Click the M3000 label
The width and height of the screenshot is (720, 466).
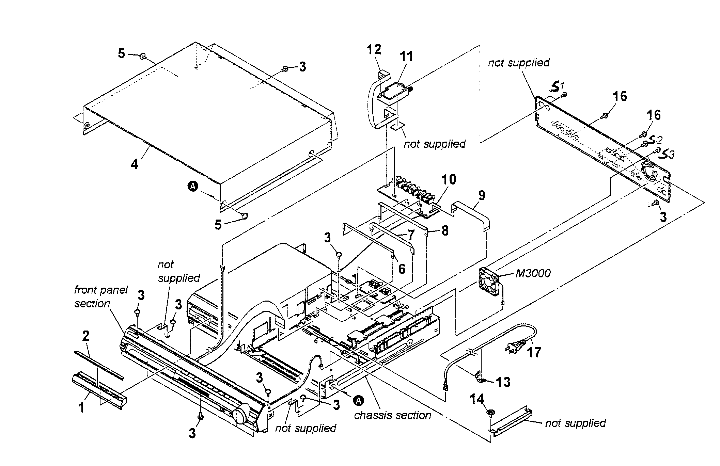tap(533, 273)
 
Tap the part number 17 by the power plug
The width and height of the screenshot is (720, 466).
tap(534, 352)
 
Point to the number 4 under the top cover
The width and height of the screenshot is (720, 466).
tap(135, 164)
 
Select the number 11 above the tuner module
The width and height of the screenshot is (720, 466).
tap(406, 56)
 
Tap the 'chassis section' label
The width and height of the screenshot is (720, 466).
tap(392, 415)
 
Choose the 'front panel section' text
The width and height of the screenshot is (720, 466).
tap(101, 296)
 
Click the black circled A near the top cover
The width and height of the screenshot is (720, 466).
tap(193, 186)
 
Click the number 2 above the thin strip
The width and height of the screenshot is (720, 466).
tap(86, 336)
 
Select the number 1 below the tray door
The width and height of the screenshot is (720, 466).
tap(81, 407)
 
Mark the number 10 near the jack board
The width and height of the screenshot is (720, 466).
tap(449, 180)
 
